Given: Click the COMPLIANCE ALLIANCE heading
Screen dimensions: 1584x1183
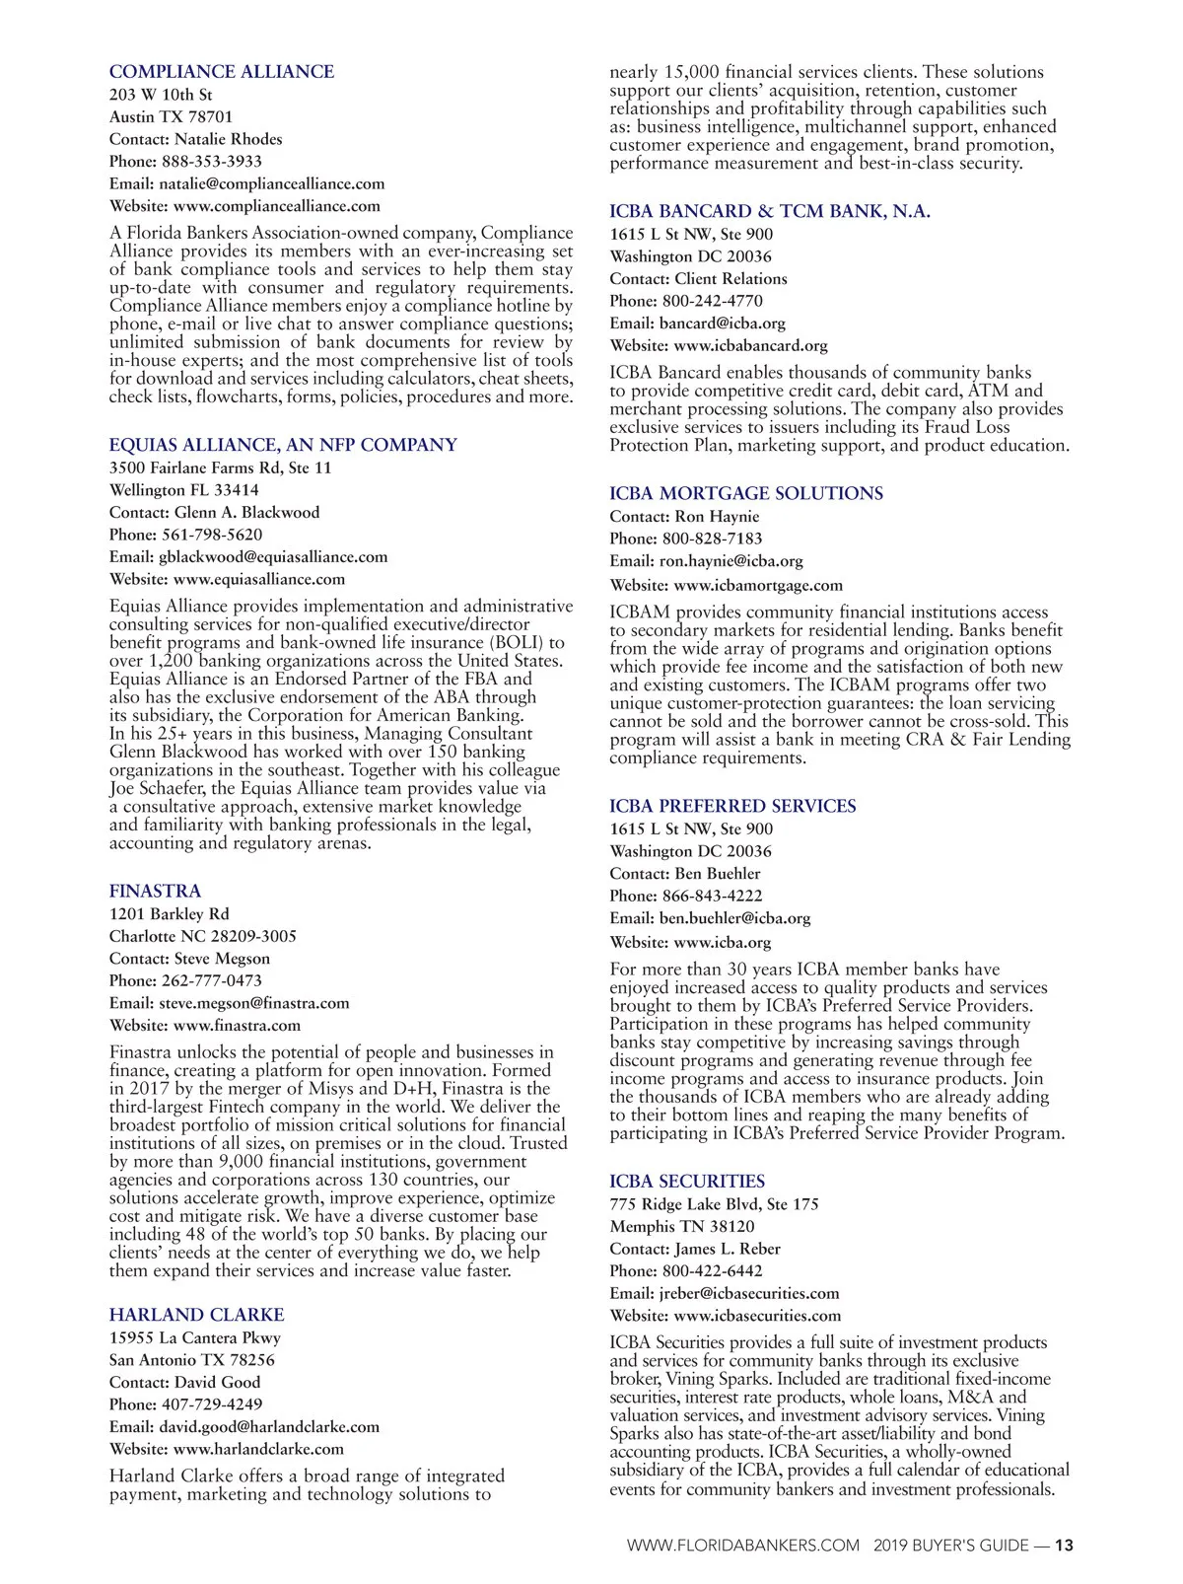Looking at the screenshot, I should coord(221,72).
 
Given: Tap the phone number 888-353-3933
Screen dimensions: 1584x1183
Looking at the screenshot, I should coord(212,162).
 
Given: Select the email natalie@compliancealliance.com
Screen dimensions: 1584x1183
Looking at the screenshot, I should coord(271,183).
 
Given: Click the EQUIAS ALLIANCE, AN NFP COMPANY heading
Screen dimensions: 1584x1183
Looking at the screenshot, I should coord(283,445).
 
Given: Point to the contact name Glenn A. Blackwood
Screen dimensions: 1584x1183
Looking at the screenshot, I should coord(246,513).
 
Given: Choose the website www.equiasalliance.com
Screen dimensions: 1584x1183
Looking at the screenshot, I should coord(259,580).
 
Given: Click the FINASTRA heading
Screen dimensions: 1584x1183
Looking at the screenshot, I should coord(155,891).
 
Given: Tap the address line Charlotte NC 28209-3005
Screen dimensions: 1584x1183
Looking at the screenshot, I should coord(202,936).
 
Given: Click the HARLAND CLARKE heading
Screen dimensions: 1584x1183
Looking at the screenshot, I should coord(196,1315).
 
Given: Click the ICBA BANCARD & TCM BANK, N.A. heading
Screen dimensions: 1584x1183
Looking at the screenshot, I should coord(769,211).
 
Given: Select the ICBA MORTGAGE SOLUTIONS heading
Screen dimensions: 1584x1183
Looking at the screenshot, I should coord(745,493).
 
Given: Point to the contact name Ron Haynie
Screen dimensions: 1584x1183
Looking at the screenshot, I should coord(717,517).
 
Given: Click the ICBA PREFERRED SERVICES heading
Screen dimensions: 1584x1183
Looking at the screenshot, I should coord(732,806).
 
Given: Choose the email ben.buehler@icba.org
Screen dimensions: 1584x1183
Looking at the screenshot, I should coord(734,918).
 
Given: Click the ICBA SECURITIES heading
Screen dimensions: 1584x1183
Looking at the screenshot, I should coord(686,1181).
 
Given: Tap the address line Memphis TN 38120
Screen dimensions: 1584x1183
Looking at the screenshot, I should coord(682,1227).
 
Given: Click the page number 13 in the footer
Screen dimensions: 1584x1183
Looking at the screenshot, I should coord(1064,1546).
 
